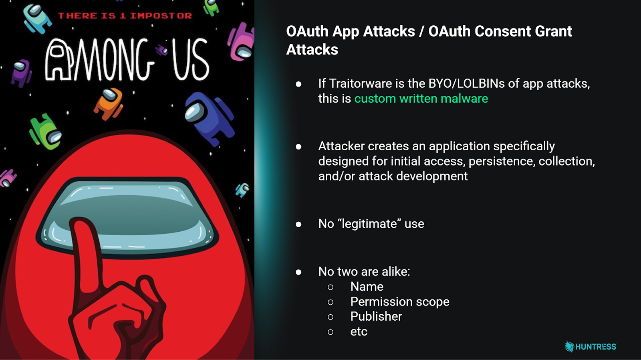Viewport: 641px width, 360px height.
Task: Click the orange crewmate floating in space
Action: [x=108, y=103]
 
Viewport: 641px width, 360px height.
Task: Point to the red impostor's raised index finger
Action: [x=86, y=249]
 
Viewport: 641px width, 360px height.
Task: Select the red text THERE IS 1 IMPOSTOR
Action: [x=125, y=16]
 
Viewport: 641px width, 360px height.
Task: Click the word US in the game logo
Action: [x=190, y=60]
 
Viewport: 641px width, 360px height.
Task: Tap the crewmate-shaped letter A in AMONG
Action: [x=59, y=60]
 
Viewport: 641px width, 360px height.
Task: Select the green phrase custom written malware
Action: [x=421, y=99]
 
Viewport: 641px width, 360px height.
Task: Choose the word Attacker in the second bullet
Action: [x=341, y=146]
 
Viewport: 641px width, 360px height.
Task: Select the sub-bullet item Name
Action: [x=367, y=287]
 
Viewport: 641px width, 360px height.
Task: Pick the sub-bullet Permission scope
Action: [x=399, y=301]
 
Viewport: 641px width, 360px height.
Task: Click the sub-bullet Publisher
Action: [x=376, y=316]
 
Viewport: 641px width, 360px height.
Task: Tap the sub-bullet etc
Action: [x=359, y=332]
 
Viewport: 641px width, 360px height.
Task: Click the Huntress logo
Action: [x=591, y=346]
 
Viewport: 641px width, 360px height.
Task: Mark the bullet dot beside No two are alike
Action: [x=298, y=272]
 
